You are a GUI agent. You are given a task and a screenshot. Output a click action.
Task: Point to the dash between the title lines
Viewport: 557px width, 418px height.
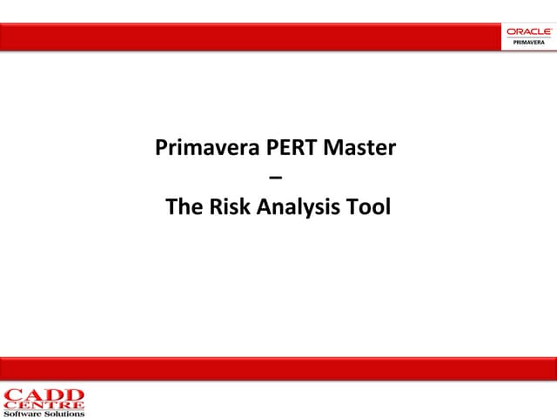click(277, 178)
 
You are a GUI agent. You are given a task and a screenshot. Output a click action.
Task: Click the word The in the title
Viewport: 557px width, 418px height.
click(183, 208)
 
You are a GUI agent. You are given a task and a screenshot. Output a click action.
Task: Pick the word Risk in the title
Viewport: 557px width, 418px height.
click(229, 208)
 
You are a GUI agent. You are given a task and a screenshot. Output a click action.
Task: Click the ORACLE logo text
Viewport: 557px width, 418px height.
click(529, 31)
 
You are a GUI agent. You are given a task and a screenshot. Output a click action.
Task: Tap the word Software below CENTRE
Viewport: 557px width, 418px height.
click(23, 414)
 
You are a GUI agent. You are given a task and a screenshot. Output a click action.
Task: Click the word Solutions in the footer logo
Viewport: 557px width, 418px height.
click(64, 414)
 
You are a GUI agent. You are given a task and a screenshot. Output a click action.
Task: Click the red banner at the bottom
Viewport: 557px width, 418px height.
click(278, 367)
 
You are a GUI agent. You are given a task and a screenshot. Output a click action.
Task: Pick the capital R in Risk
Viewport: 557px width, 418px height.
click(217, 208)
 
